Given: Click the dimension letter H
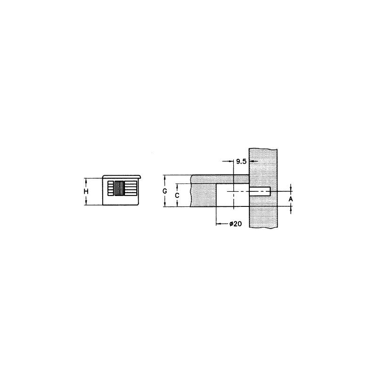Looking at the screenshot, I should click(x=86, y=191).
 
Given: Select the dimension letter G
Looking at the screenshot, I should click(x=164, y=191).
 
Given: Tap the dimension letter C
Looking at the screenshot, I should click(x=177, y=195).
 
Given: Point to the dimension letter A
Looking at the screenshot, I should click(x=291, y=199).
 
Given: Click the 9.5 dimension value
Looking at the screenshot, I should click(x=242, y=161).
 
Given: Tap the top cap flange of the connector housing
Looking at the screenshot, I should click(x=122, y=176).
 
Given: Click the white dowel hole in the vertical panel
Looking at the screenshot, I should click(x=260, y=191).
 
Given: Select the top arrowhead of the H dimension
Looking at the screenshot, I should click(x=86, y=180).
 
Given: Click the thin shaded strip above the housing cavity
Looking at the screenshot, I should click(x=220, y=179).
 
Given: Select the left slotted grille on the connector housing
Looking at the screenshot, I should click(x=111, y=188).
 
